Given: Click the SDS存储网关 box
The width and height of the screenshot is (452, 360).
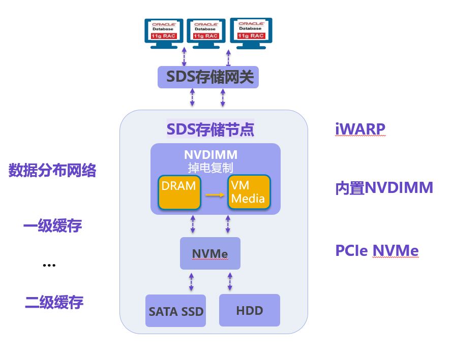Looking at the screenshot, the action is click(208, 77).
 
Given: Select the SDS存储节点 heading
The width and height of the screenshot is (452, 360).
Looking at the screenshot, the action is click(210, 129).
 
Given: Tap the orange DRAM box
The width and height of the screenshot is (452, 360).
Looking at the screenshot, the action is click(179, 192).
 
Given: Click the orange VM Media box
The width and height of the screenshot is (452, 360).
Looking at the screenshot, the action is click(249, 191).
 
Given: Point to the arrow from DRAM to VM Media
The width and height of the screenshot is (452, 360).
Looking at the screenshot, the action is click(215, 195).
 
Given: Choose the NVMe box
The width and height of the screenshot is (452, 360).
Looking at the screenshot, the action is click(210, 253).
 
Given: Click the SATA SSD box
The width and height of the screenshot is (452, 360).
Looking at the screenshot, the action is click(175, 311).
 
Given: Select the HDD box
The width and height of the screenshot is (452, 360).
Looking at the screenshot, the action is click(250, 310).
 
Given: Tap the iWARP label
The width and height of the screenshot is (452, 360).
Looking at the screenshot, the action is click(360, 129).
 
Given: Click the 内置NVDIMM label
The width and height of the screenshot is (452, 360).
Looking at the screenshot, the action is click(384, 188).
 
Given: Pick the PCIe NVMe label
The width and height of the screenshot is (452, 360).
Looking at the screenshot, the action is click(377, 250).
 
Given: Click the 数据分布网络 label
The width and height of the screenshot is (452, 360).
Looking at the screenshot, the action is click(52, 170).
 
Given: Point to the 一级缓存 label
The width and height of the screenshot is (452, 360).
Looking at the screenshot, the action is click(53, 225).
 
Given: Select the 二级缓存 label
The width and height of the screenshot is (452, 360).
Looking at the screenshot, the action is click(54, 302).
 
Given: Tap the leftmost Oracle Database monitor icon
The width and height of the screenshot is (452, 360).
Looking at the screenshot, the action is click(164, 34).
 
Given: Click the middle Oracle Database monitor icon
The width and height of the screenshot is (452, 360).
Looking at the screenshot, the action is click(206, 34).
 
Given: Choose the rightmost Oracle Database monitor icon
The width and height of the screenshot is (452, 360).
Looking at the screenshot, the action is click(251, 34).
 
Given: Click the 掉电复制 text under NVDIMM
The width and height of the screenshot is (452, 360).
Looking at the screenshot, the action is click(210, 168).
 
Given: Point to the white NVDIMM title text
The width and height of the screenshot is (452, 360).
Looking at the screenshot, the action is click(210, 155).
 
